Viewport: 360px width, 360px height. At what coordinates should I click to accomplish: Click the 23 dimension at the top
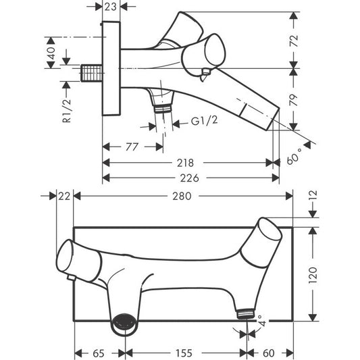111,7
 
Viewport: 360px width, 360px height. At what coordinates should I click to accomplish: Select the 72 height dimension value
294,41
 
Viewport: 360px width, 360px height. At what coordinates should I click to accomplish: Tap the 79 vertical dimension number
294,100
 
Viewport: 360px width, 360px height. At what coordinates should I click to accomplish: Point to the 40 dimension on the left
51,53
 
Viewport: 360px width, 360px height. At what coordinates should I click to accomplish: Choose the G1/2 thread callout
204,120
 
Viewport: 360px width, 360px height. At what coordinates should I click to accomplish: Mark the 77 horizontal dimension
132,147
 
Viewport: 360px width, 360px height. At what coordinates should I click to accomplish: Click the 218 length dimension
185,163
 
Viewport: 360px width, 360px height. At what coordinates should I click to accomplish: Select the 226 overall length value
189,178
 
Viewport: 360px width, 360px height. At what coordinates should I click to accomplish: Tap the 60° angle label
294,156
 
